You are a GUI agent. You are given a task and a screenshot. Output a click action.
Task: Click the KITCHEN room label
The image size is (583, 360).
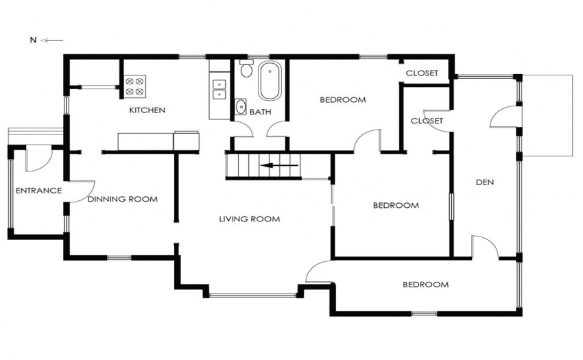pyautogui.click(x=147, y=110)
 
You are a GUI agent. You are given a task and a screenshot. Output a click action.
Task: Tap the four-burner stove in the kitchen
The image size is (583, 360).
pyautogui.click(x=134, y=86)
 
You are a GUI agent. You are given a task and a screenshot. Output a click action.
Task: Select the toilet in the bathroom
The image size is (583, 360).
pyautogui.click(x=246, y=69)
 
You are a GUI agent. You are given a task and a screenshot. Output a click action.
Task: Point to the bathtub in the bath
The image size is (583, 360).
pyautogui.click(x=270, y=81)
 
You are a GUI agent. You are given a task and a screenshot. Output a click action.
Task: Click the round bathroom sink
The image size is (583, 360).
pyautogui.click(x=241, y=107)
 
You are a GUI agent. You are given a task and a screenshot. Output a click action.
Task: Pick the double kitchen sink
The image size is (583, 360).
pyautogui.click(x=219, y=90)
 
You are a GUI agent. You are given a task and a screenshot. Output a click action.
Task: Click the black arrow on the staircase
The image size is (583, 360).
pyautogui.click(x=279, y=165)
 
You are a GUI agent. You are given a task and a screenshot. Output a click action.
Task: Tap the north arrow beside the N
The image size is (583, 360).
pyautogui.click(x=51, y=40)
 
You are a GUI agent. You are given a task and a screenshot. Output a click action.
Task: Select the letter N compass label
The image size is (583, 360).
pyautogui.click(x=33, y=40)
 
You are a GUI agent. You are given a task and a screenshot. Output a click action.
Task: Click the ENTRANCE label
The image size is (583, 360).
pyautogui.click(x=38, y=191)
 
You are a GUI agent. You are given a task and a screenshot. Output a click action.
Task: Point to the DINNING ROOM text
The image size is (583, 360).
pyautogui.click(x=123, y=200)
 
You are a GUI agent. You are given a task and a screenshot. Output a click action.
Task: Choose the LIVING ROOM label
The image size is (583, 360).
pyautogui.click(x=250, y=219)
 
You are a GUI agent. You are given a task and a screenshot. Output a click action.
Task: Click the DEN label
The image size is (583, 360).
pyautogui.click(x=485, y=182)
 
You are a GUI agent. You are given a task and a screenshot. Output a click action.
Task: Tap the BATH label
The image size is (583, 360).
pyautogui.click(x=260, y=112)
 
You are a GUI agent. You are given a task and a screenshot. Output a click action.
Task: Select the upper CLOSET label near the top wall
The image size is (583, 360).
pyautogui.click(x=422, y=73)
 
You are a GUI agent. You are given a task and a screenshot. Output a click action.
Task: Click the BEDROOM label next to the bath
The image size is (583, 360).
pyautogui.click(x=343, y=99)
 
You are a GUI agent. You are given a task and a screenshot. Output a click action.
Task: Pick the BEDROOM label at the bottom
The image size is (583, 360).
pyautogui.click(x=426, y=285)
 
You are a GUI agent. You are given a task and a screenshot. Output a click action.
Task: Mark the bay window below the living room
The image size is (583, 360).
pyautogui.click(x=253, y=296)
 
